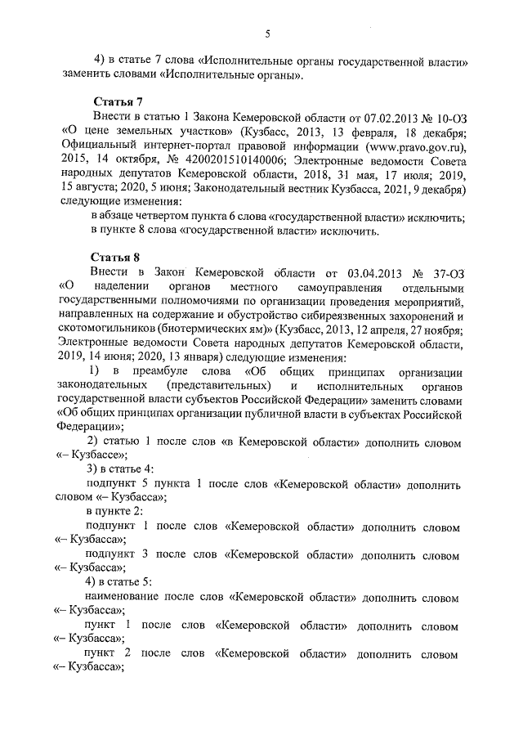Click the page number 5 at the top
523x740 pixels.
266,33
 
